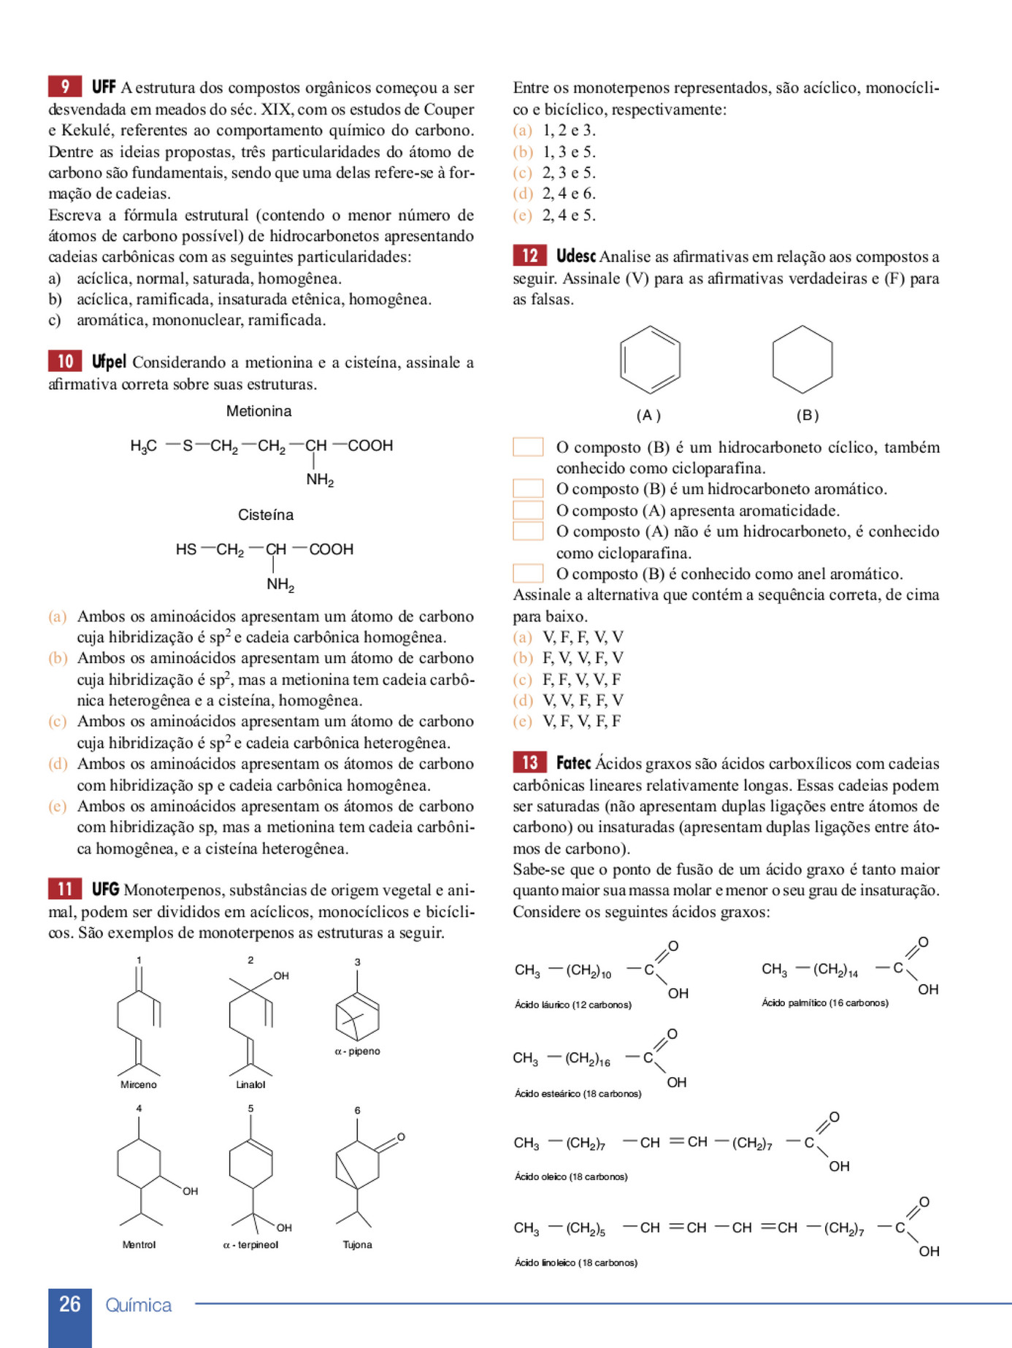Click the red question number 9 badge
[x=65, y=87]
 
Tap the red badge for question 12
[x=529, y=256]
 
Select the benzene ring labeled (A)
[x=650, y=360]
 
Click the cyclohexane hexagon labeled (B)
[x=802, y=360]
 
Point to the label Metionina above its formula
[x=258, y=411]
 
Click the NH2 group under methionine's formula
[x=320, y=480]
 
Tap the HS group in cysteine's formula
[x=185, y=549]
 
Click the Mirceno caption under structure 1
[x=139, y=1084]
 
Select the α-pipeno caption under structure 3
[x=357, y=1052]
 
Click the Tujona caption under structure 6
[x=357, y=1244]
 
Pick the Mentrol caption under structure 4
[x=139, y=1244]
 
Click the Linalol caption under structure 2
[x=250, y=1084]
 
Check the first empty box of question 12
[x=528, y=447]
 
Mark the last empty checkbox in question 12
[x=528, y=573]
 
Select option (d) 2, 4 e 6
[x=568, y=194]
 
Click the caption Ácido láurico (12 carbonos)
[x=573, y=1005]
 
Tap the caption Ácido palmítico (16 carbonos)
[x=825, y=1003]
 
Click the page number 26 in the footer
[x=70, y=1304]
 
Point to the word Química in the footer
[x=139, y=1305]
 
